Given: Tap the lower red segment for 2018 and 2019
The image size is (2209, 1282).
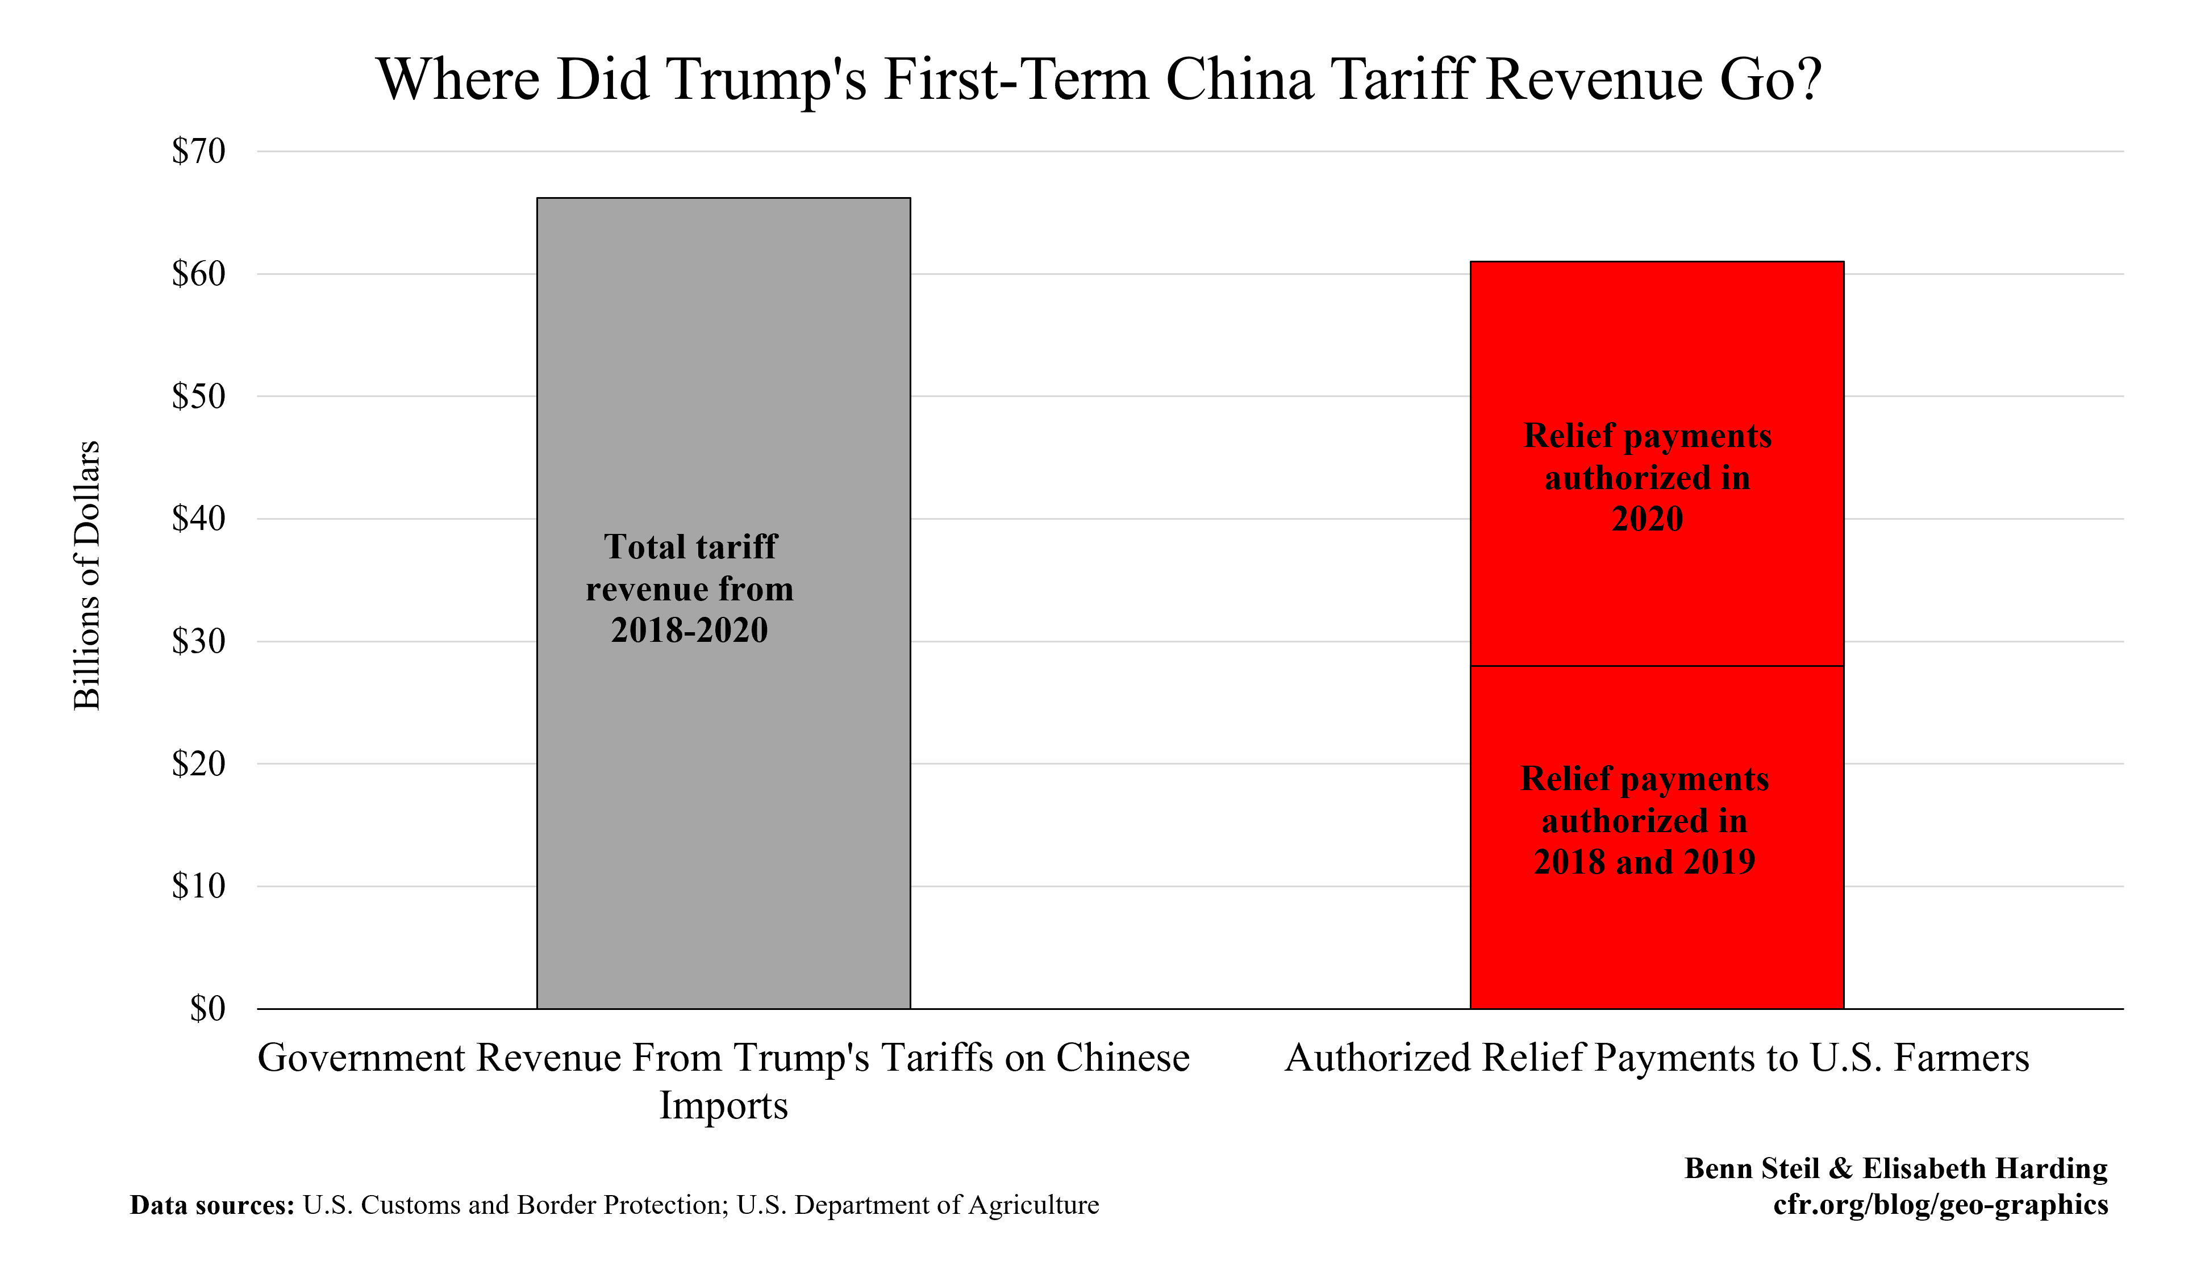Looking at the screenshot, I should [x=1657, y=946].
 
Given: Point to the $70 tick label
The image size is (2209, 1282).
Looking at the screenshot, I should [x=199, y=152].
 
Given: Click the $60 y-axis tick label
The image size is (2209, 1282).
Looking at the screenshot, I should [x=199, y=274].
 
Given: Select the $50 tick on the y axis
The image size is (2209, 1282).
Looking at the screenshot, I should [x=199, y=397].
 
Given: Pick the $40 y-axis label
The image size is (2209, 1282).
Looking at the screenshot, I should [x=199, y=519].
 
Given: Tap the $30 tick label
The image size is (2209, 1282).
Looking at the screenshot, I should [x=199, y=641].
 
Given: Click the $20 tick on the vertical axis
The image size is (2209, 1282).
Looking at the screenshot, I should [x=199, y=764].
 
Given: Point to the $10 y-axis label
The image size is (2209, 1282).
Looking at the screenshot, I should [x=199, y=887].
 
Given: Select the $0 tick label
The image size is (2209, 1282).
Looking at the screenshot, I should [x=208, y=1009].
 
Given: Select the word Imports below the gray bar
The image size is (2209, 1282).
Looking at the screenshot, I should [x=723, y=1105].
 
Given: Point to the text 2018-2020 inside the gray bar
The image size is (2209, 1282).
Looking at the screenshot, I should [x=689, y=630].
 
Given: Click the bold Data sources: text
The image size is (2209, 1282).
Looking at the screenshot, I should [x=211, y=1206].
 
